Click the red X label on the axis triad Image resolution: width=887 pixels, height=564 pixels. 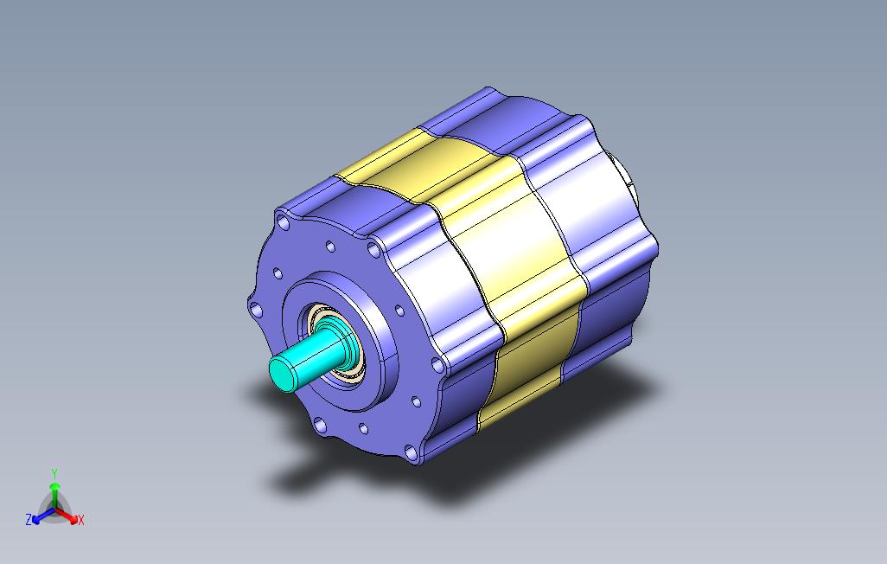click(x=81, y=520)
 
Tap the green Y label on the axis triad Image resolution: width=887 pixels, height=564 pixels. click(x=54, y=473)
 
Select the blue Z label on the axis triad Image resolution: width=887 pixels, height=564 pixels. click(x=29, y=519)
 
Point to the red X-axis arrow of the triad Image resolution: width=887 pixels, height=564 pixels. click(x=67, y=515)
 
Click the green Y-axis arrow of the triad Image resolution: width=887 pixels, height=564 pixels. click(x=54, y=496)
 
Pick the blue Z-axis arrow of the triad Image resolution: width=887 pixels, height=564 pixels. click(x=43, y=516)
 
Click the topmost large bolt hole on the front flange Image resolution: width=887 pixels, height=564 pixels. click(x=284, y=222)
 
